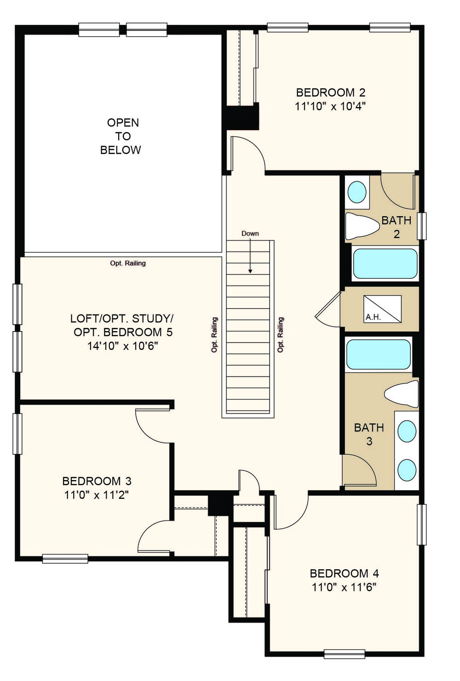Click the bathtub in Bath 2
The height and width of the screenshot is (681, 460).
[x=385, y=263]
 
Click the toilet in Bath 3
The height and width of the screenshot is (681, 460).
[x=401, y=394]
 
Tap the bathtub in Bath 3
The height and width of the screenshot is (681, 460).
[x=379, y=354]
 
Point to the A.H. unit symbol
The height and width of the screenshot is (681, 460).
[x=382, y=309]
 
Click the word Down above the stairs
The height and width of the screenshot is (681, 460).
[x=250, y=234]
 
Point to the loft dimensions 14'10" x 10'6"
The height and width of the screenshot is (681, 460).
[x=123, y=346]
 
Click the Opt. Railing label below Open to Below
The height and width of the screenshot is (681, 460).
[x=128, y=263]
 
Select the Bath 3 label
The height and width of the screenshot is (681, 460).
[x=369, y=434]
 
